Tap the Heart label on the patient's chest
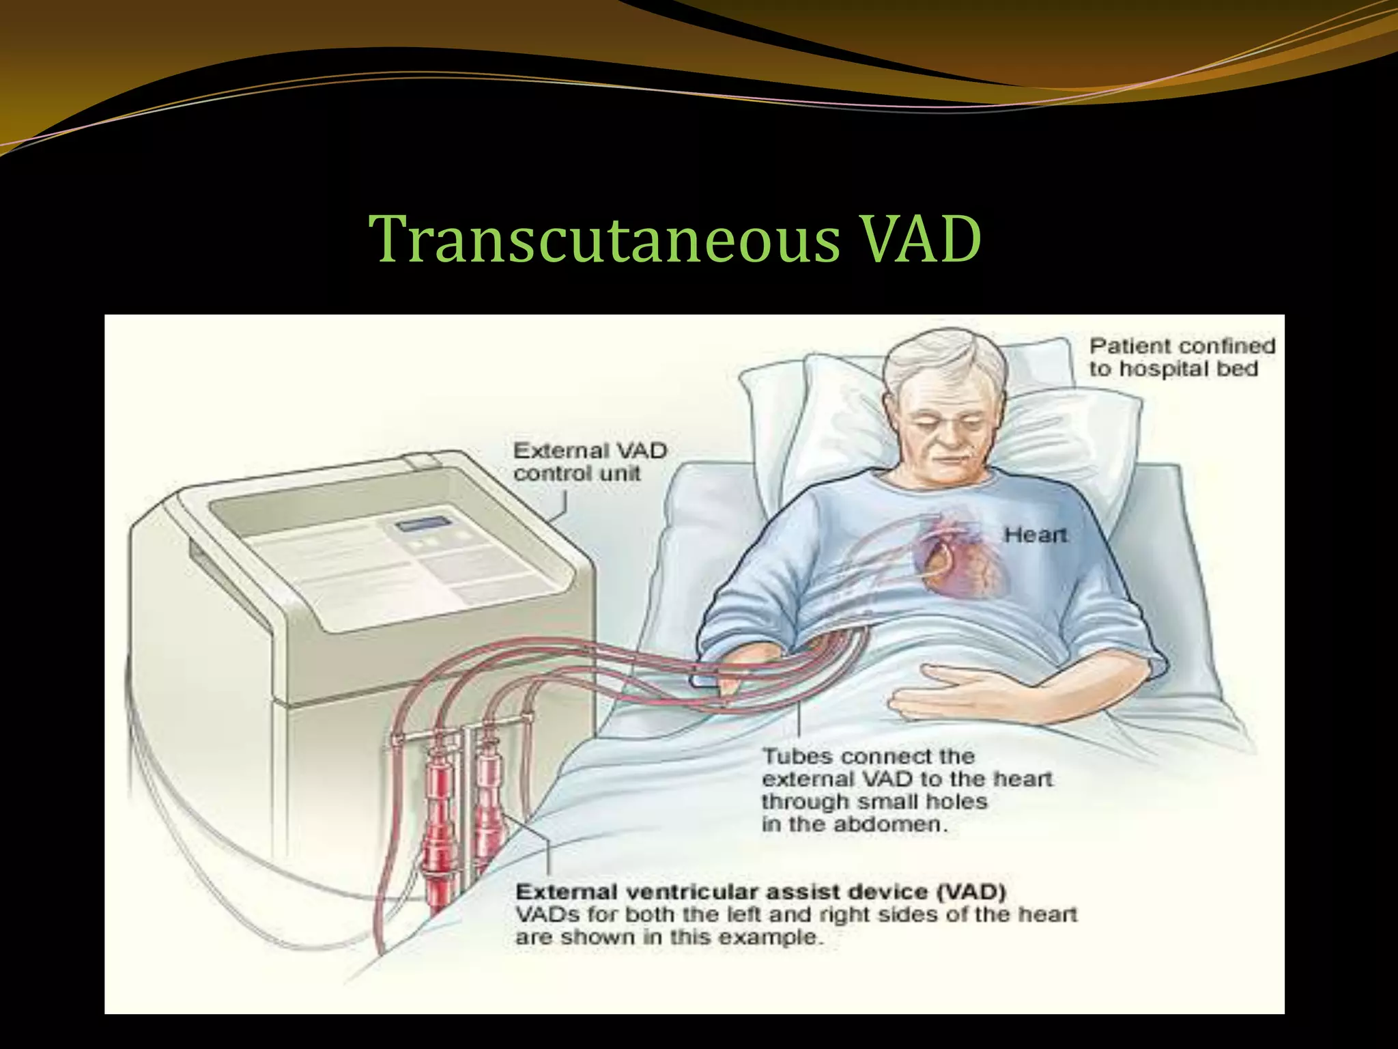coord(1035,535)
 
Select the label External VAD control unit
coord(589,462)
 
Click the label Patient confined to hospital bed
coord(1182,357)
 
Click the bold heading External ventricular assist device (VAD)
coord(760,892)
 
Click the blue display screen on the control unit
coord(424,524)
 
